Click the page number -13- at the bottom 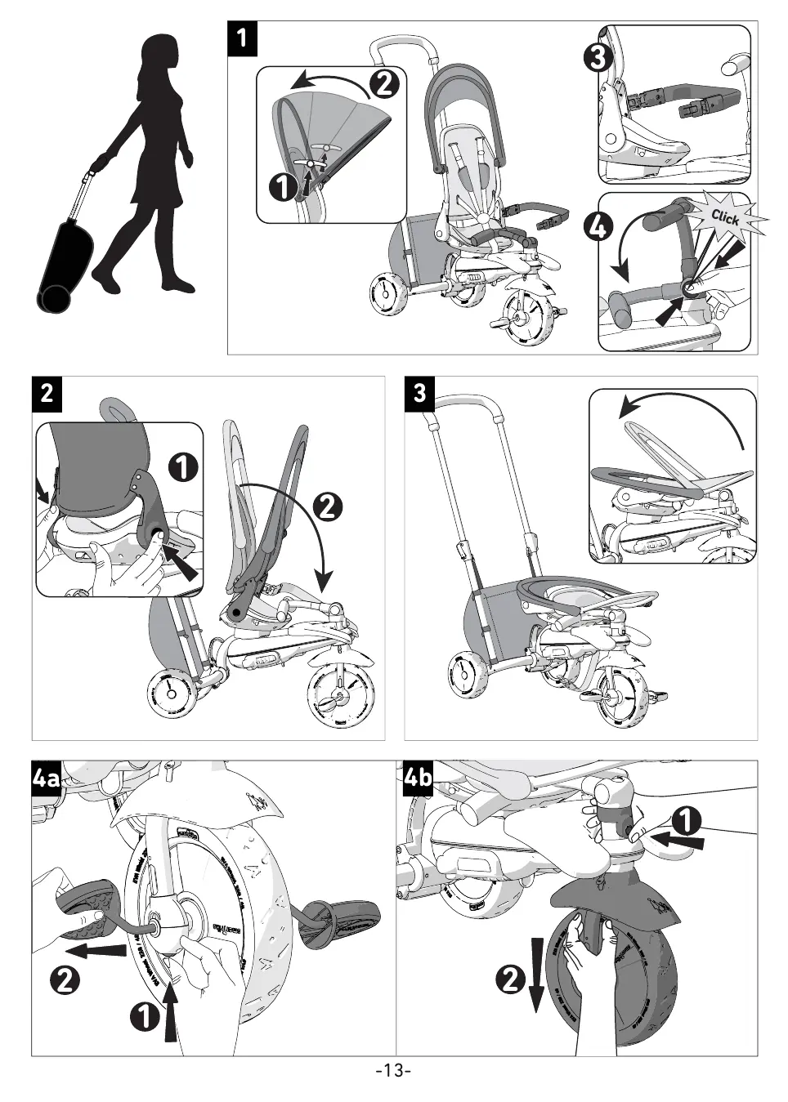point(393,1070)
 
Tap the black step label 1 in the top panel point(243,39)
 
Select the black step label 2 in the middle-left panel point(47,393)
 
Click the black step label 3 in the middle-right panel point(420,393)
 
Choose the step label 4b point(419,778)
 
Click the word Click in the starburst point(725,218)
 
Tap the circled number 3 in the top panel point(599,59)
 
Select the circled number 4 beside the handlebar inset point(598,226)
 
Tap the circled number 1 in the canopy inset point(282,187)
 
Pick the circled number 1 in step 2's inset point(183,466)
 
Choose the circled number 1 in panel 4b point(687,819)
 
